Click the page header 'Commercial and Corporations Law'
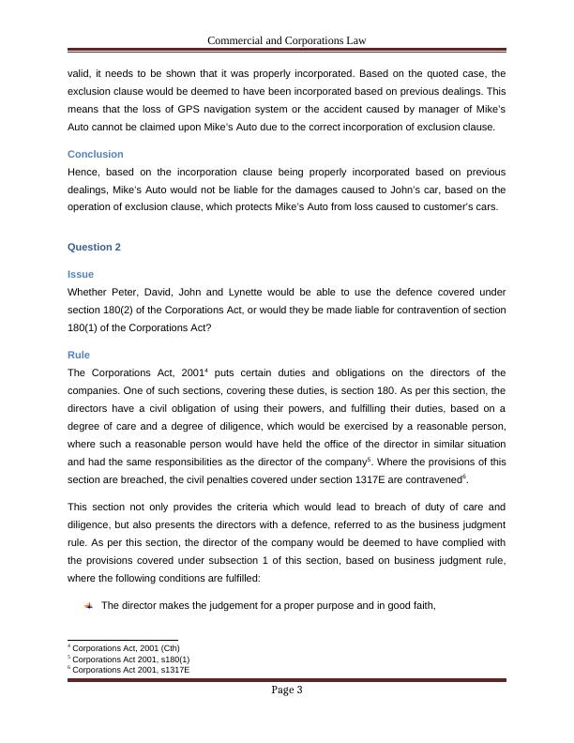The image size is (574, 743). tap(286, 40)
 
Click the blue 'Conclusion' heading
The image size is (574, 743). tap(96, 154)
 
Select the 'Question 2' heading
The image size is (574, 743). tap(95, 247)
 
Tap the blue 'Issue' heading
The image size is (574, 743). tap(81, 274)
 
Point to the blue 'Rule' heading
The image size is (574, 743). tap(79, 356)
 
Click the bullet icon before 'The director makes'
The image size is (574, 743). tap(88, 606)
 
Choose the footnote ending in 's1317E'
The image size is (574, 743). tap(130, 670)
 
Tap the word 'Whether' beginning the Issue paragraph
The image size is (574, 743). tap(88, 292)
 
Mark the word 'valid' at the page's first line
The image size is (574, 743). tap(80, 73)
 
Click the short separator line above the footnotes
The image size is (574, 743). tap(122, 641)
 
